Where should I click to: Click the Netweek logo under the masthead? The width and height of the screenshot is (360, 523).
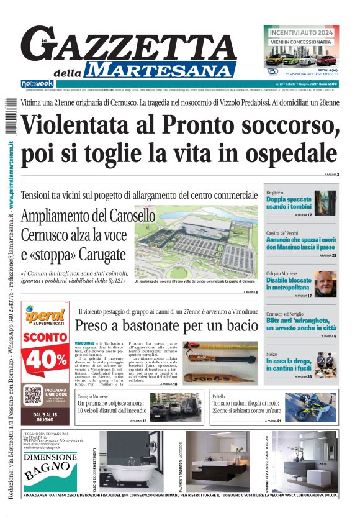click(x=37, y=84)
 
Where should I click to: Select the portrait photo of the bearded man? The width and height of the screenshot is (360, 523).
click(x=325, y=284)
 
